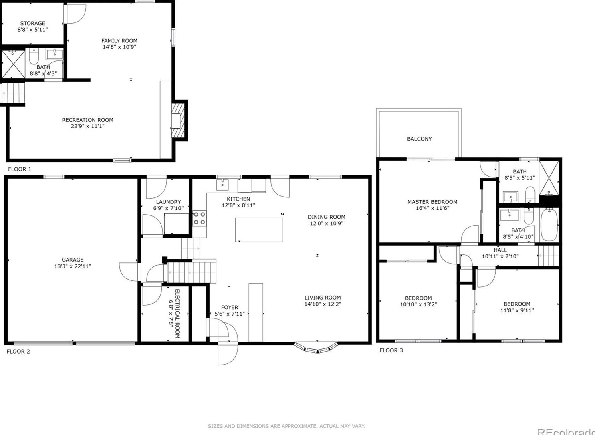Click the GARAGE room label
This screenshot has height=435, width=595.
point(73,260)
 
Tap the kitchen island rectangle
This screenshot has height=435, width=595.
point(258,230)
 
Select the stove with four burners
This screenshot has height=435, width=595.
point(200,218)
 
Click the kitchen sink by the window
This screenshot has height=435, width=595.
point(222,185)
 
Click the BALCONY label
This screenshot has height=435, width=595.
point(419,139)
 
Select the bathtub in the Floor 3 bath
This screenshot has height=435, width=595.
point(548,225)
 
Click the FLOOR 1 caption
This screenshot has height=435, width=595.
point(20,169)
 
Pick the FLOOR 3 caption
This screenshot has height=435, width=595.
point(391,350)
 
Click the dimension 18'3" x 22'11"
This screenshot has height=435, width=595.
point(73,266)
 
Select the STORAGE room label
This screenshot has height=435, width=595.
point(33,23)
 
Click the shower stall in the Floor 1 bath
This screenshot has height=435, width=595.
point(13,64)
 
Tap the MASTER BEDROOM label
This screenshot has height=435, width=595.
point(432,202)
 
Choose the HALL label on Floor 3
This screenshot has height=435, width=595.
point(500,250)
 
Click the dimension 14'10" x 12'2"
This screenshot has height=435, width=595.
point(323,304)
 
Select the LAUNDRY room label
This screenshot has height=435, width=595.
point(168,202)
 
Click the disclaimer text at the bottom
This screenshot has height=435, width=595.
point(286,426)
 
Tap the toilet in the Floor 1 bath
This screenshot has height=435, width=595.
point(34,56)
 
